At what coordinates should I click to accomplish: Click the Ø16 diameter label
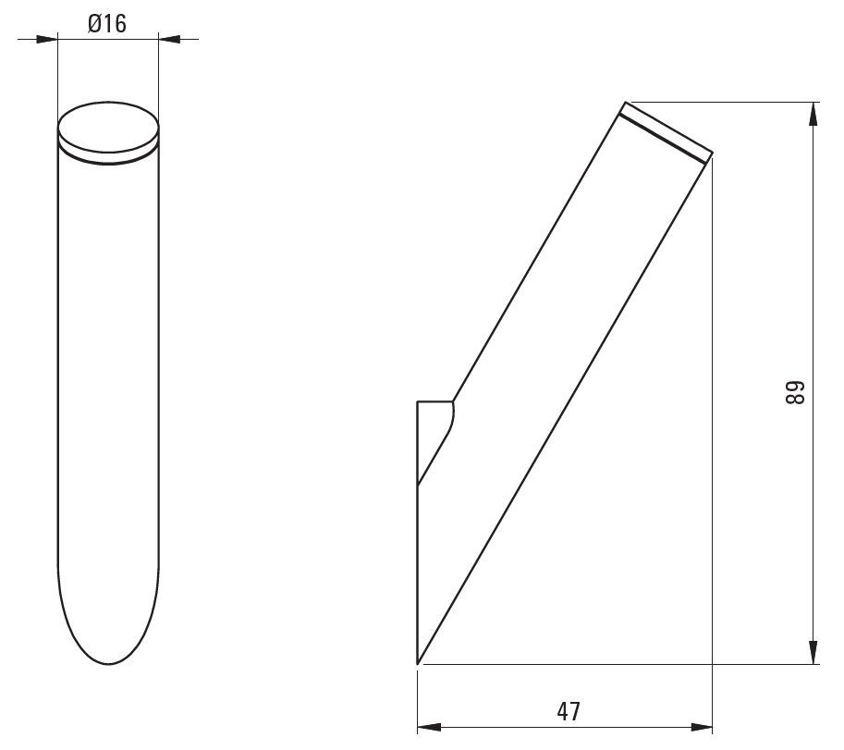pyautogui.click(x=107, y=24)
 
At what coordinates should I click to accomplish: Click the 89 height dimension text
pyautogui.click(x=794, y=393)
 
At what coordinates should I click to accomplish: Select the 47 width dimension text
pyautogui.click(x=569, y=712)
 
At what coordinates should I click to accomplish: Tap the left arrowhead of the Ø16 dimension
pyautogui.click(x=47, y=39)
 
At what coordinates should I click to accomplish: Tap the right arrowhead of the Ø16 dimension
pyautogui.click(x=169, y=39)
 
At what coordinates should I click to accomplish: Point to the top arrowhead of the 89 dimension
pyautogui.click(x=813, y=114)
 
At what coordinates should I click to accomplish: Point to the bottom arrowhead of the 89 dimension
pyautogui.click(x=813, y=652)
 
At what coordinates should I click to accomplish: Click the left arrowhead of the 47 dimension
pyautogui.click(x=429, y=728)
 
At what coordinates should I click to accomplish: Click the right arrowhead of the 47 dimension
pyautogui.click(x=701, y=728)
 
